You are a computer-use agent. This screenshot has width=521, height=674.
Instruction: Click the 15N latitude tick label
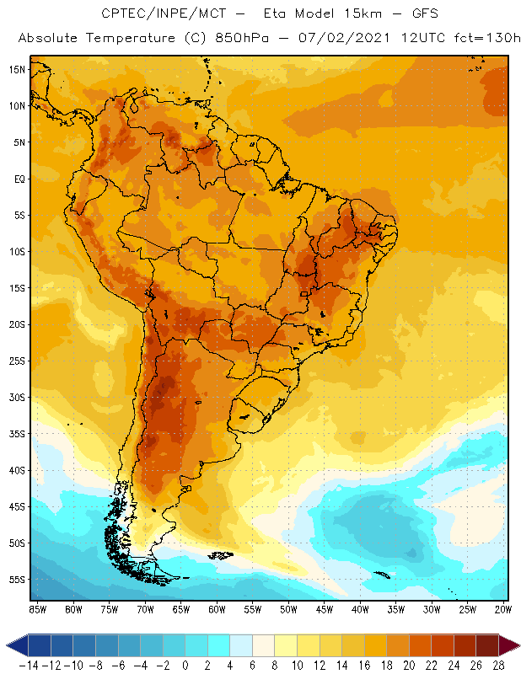click(x=16, y=69)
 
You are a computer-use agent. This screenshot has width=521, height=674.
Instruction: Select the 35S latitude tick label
click(x=16, y=434)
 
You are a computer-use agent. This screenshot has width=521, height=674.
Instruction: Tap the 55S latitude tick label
click(x=16, y=580)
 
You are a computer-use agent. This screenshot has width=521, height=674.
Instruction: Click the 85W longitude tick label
click(x=38, y=608)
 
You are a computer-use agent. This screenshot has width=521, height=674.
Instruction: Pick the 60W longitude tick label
click(x=218, y=608)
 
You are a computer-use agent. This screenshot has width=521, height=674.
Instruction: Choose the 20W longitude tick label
click(x=503, y=608)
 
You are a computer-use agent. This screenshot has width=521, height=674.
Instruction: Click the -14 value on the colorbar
click(x=29, y=666)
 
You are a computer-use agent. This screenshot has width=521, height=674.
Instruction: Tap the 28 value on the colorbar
click(x=498, y=666)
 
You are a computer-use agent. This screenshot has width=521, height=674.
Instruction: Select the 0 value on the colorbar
click(x=185, y=666)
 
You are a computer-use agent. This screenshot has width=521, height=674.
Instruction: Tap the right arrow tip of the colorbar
click(x=515, y=645)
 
